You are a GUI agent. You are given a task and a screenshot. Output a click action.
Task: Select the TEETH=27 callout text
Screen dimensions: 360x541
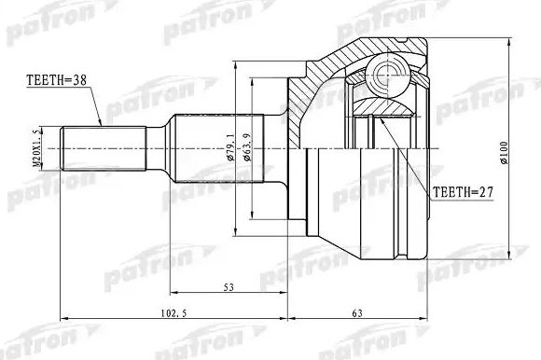coord(461,194)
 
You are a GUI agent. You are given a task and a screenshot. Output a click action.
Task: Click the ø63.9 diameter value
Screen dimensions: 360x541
coord(248,149)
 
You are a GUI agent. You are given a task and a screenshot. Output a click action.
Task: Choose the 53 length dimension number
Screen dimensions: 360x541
coord(228,288)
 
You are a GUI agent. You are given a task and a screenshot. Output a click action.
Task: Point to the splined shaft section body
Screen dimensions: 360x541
coord(201,149)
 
